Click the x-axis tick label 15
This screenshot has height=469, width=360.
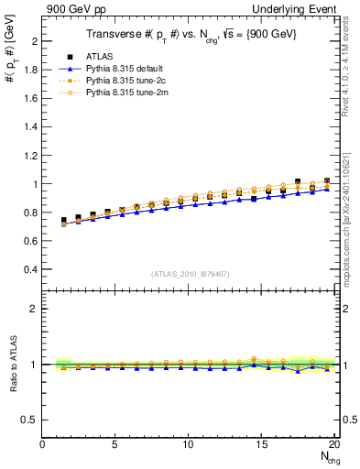pos(262,444)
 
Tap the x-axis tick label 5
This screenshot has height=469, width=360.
pos(115,444)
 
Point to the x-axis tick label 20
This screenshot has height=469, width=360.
pos(334,444)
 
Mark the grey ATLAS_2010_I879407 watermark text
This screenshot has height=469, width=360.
pos(189,274)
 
